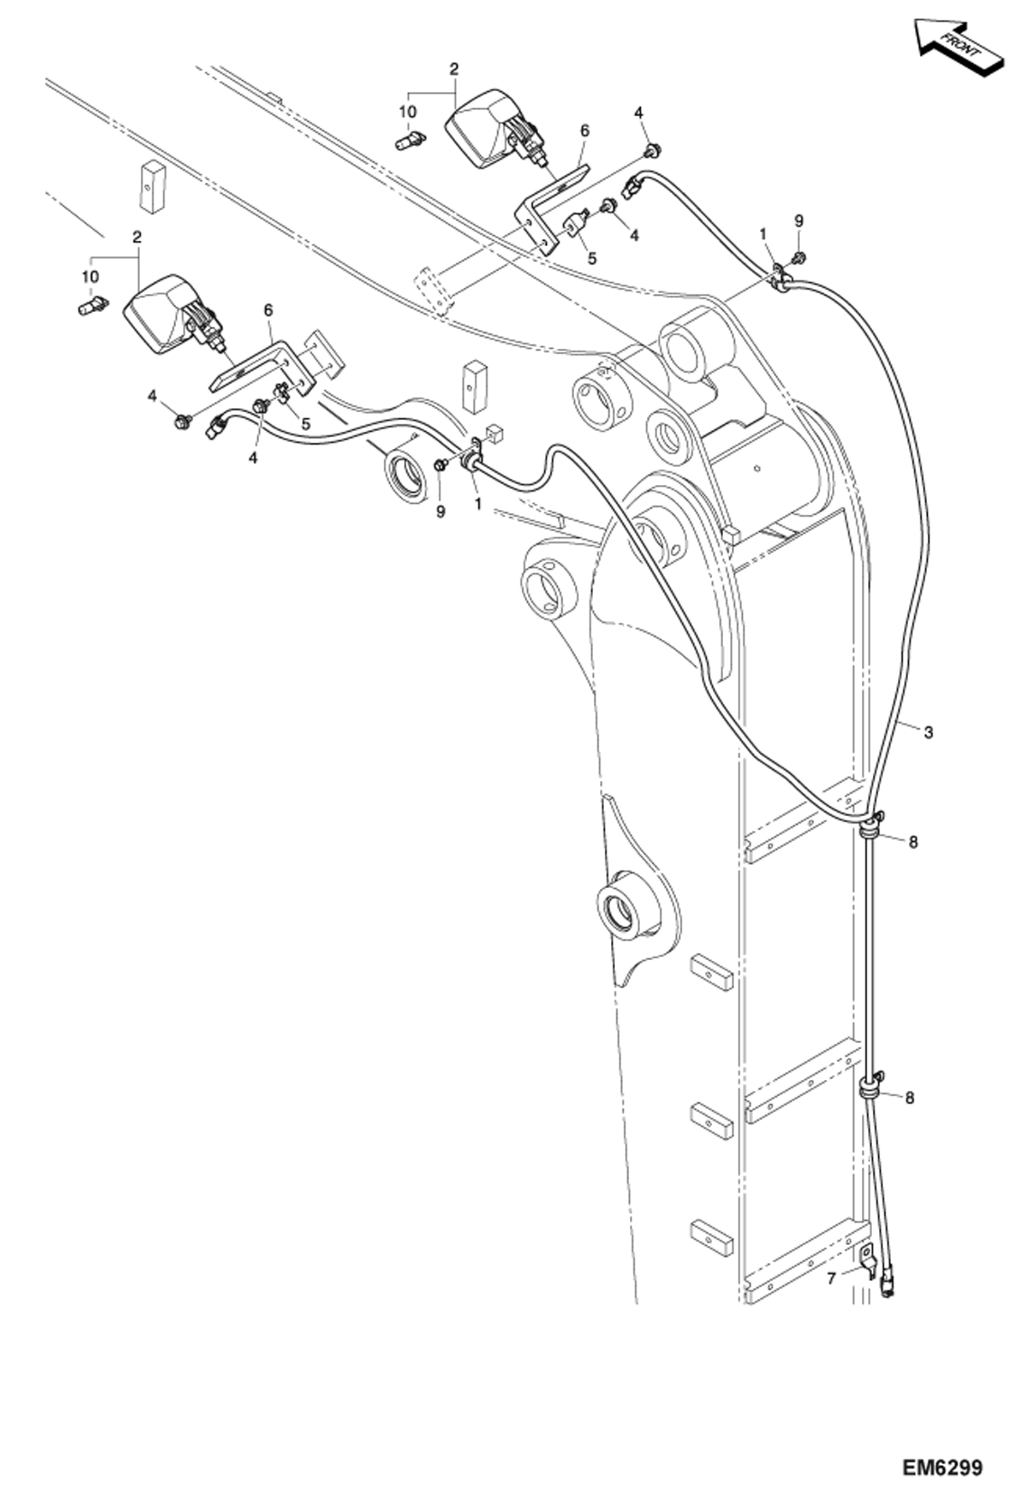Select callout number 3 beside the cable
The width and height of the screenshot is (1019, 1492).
pos(929,732)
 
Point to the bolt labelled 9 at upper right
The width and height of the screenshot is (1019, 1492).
pos(799,258)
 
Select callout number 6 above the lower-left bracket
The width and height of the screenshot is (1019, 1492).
pos(269,310)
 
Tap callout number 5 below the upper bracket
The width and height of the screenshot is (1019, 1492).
pos(592,258)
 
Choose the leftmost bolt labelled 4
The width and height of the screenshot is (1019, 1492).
pos(181,422)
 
